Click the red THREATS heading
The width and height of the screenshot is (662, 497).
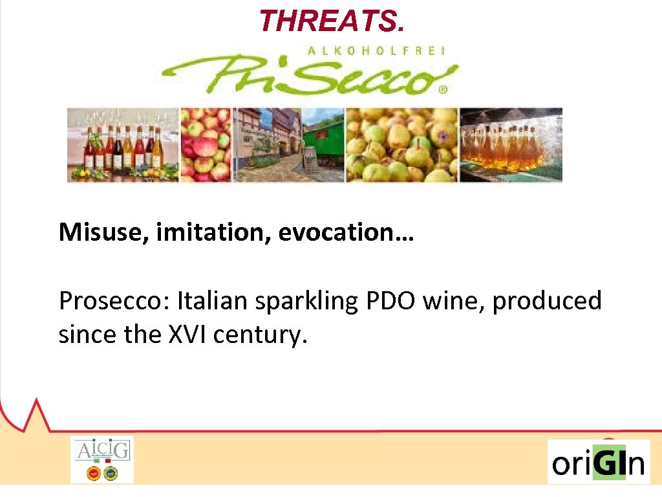[x=332, y=21]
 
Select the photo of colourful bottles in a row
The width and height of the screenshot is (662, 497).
[x=123, y=145]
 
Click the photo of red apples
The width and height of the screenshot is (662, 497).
[x=206, y=145]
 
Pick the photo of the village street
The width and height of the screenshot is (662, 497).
[x=288, y=145]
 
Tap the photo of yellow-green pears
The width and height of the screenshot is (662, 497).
[x=401, y=145]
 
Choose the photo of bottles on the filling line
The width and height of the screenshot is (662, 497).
[x=511, y=145]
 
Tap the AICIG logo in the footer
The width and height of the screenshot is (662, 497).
[x=101, y=459]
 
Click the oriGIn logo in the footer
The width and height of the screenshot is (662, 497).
[x=598, y=462]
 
